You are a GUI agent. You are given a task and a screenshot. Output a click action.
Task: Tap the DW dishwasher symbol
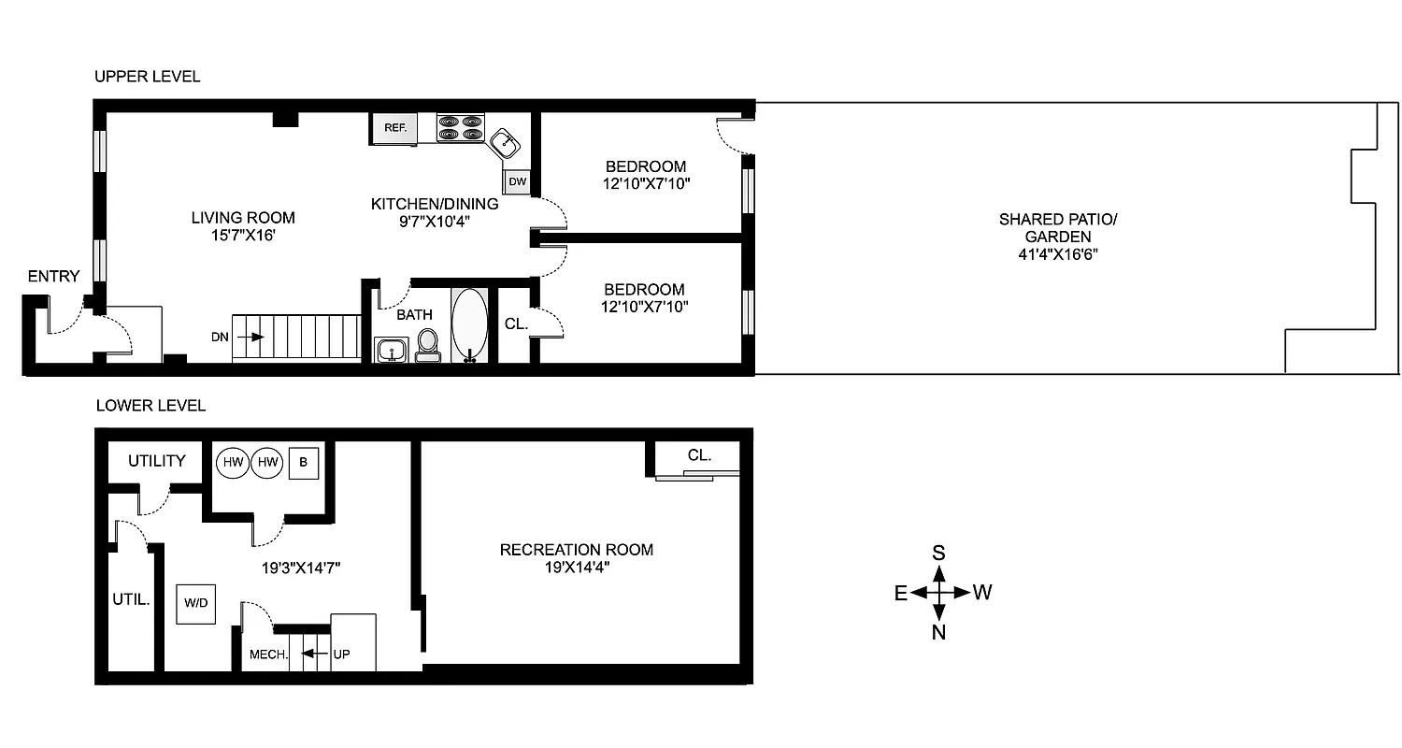pos(517,182)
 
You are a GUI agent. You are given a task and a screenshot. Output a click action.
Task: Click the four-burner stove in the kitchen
pos(461,127)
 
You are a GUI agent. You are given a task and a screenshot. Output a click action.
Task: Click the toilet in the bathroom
pos(428,343)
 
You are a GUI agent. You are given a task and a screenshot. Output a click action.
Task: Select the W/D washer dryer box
pos(196,604)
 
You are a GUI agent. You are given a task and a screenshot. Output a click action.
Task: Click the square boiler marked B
pos(303,462)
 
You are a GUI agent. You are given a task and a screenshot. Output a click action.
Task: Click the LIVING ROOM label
pos(243,218)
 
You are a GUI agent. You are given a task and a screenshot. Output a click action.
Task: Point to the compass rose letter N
pos(939,633)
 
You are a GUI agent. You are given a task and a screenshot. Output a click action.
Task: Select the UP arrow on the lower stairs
pos(318,654)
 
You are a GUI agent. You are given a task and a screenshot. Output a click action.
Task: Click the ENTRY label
pos(53,276)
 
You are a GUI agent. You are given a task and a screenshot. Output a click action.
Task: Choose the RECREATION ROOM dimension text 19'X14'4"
pos(576,567)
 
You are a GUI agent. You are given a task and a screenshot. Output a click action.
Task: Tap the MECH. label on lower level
pos(268,654)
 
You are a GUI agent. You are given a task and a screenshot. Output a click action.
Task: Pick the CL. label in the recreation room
pos(699,456)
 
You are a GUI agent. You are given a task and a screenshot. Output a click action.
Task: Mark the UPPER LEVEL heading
pos(147,77)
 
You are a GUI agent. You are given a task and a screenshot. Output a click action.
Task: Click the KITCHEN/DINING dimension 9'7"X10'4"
pos(435,222)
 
